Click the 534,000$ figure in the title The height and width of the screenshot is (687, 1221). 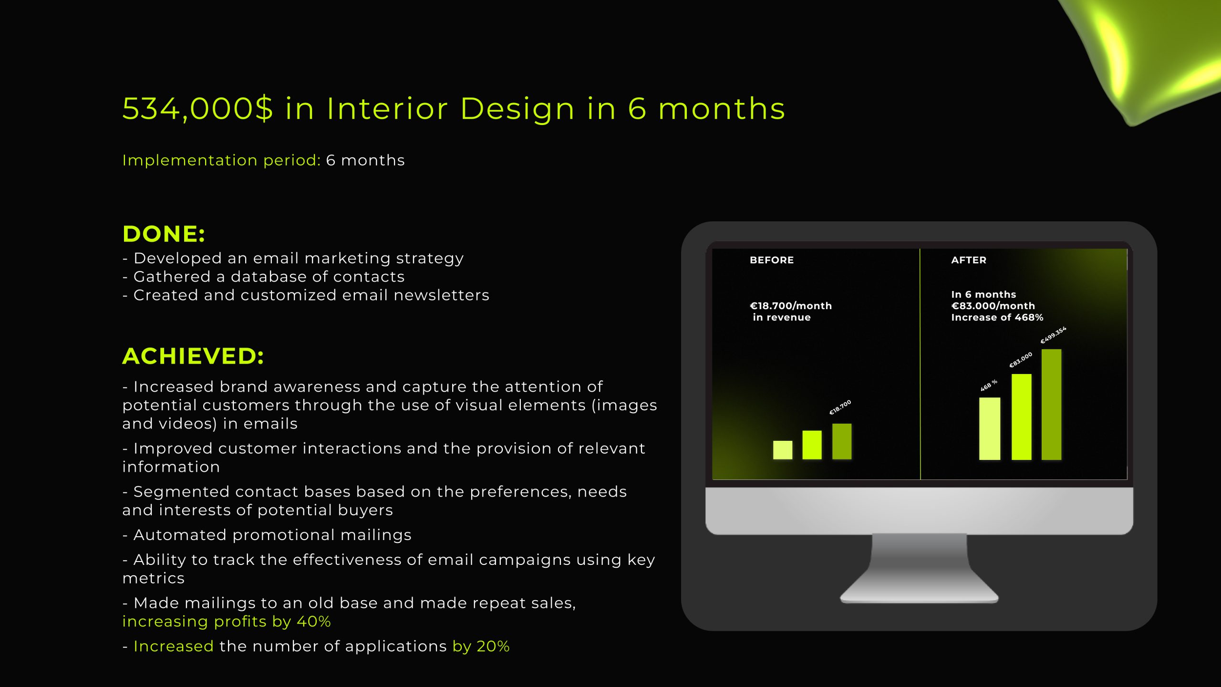click(198, 109)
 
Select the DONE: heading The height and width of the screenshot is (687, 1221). click(164, 234)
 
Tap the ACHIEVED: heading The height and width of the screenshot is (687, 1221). click(193, 356)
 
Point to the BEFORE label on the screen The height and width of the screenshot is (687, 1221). click(772, 260)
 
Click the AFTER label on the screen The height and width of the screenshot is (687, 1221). click(969, 260)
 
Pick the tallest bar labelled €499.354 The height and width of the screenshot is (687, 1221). click(1051, 405)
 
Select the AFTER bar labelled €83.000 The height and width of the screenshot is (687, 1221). click(1021, 417)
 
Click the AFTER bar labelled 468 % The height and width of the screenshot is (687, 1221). click(990, 429)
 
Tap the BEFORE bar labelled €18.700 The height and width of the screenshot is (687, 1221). click(842, 441)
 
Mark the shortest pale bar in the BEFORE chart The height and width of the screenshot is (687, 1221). click(783, 450)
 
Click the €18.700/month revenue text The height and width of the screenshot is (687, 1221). click(791, 312)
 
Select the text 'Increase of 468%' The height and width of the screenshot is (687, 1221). click(997, 317)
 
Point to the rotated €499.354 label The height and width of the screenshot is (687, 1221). click(1053, 335)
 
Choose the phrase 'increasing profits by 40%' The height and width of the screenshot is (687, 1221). click(227, 622)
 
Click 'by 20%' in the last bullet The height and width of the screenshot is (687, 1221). click(481, 646)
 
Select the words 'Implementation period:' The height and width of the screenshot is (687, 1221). click(221, 160)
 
